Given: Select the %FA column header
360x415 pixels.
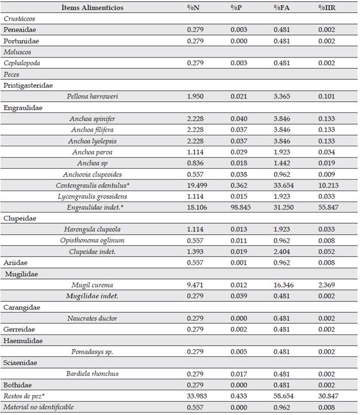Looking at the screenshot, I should pos(282,7).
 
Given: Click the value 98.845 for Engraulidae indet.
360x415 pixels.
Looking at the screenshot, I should pos(241,207).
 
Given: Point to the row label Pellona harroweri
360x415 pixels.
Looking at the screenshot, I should pos(94,96).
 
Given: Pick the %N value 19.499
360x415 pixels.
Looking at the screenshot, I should pos(198,185).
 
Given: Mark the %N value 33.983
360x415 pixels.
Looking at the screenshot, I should pos(198,395).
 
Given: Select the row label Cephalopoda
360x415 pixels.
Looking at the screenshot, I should pos(24,63).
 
